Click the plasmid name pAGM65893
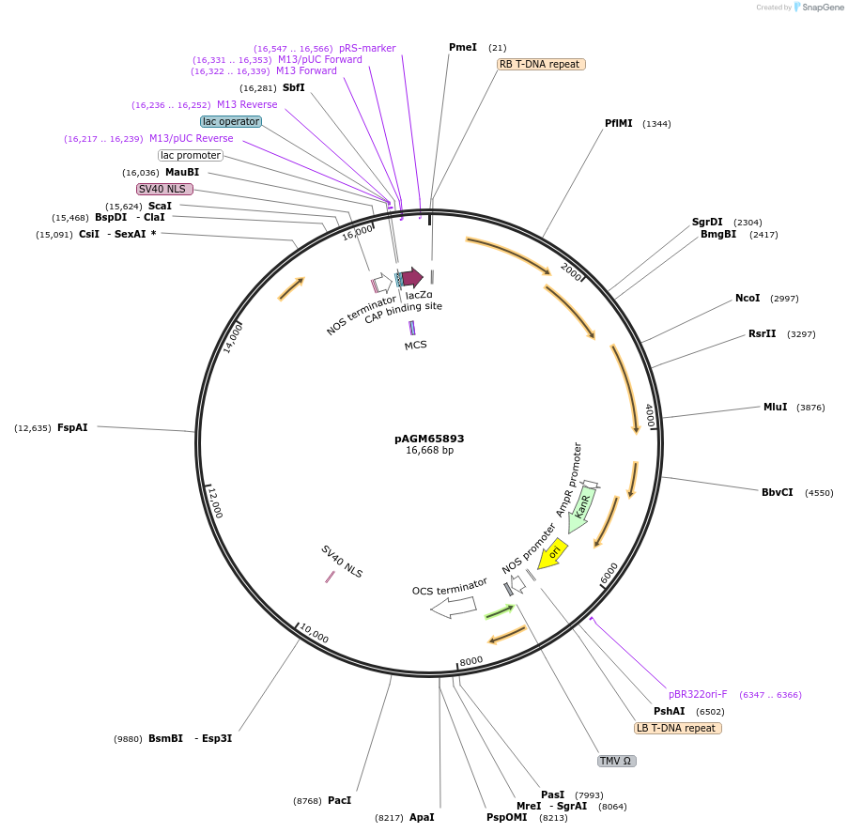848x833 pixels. (x=429, y=439)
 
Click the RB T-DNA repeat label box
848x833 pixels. (x=541, y=65)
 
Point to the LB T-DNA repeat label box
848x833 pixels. (x=678, y=728)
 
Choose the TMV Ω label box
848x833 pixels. (x=617, y=761)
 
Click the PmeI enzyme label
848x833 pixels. (x=463, y=47)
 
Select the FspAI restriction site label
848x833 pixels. (x=72, y=427)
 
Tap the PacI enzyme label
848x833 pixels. (x=339, y=800)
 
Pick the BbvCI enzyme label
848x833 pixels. (x=778, y=492)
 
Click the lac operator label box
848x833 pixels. (x=230, y=121)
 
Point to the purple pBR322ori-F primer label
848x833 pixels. (x=698, y=695)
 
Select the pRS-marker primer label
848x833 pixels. (x=367, y=48)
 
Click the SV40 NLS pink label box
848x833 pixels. (x=164, y=189)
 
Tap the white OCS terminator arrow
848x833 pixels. (x=454, y=608)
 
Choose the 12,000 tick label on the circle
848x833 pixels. (x=215, y=502)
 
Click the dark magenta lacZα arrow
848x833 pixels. (x=411, y=277)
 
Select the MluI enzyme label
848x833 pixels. (x=775, y=407)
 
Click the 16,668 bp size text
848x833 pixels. (x=429, y=451)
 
